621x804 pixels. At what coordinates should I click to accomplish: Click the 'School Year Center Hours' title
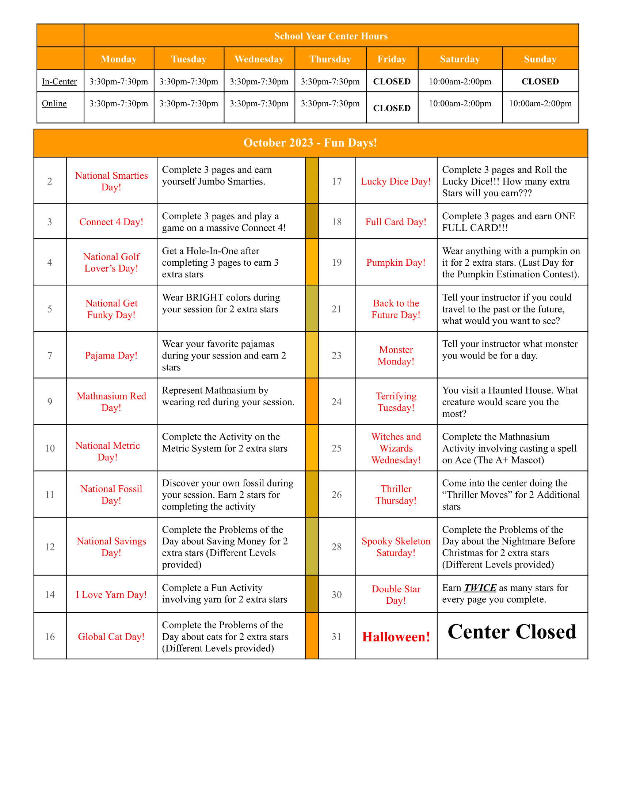click(331, 36)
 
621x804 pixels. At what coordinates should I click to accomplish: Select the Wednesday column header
click(259, 59)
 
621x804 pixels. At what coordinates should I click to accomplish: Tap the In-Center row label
click(59, 81)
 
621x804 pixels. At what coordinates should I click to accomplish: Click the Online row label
click(54, 103)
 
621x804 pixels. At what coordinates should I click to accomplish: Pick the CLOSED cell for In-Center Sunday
click(540, 81)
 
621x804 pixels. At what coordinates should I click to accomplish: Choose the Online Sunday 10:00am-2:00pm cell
click(540, 103)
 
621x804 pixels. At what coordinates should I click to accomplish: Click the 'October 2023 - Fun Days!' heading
click(310, 143)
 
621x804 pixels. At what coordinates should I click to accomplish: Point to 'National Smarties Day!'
click(111, 181)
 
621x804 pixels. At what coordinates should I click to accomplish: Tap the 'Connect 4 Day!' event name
click(111, 222)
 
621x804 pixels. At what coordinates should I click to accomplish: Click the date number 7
click(50, 356)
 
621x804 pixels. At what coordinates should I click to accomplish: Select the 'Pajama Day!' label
click(111, 356)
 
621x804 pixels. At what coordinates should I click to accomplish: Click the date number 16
click(50, 637)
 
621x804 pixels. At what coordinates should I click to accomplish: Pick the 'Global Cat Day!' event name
click(111, 637)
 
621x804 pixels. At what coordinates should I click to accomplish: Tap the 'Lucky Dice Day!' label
click(396, 182)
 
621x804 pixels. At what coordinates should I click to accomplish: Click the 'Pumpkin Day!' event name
click(396, 262)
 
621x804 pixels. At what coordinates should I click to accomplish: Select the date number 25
click(337, 448)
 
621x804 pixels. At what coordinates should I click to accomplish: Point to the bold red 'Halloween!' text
click(396, 637)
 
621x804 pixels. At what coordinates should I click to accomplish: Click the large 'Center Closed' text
click(512, 632)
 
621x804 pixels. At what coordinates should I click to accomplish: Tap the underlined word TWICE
click(480, 588)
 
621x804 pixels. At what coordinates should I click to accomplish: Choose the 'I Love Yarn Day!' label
click(111, 595)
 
